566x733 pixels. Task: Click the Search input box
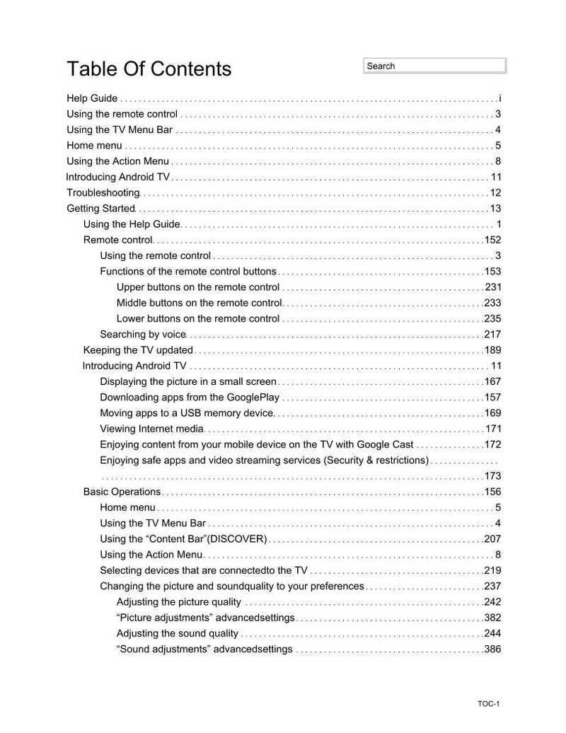pos(435,66)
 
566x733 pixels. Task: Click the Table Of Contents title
pos(149,69)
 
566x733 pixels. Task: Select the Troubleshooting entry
pos(103,192)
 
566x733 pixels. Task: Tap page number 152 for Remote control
pos(492,240)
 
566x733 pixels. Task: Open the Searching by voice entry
pos(142,334)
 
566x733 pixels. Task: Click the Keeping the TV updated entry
pos(138,350)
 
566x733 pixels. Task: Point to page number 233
pos(492,303)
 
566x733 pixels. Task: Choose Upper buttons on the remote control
pos(198,287)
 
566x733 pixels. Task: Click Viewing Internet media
pos(151,429)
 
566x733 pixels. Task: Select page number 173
pos(492,475)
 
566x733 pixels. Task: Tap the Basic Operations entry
pos(122,492)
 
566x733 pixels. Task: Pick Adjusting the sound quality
pos(178,633)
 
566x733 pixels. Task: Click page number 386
pos(492,649)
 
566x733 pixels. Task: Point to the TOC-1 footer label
pos(488,704)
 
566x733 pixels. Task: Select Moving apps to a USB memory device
pos(186,412)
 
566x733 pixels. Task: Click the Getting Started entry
pos(100,208)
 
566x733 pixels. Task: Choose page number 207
pos(492,539)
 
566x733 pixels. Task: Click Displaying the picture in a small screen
pos(187,381)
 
